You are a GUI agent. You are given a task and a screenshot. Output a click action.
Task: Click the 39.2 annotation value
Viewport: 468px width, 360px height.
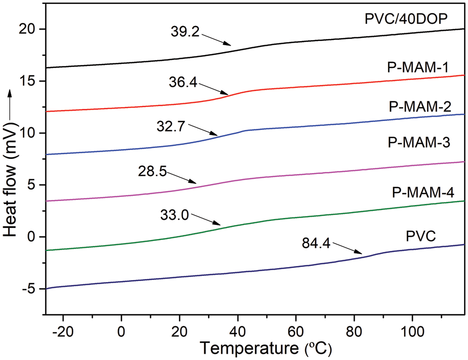[185, 32]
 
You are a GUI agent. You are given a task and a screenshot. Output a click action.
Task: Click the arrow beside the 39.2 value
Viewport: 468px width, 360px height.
[218, 41]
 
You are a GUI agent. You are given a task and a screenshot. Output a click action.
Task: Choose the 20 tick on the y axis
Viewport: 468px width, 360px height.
[27, 29]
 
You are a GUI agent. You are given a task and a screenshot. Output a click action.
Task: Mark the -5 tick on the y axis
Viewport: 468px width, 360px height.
[27, 289]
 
